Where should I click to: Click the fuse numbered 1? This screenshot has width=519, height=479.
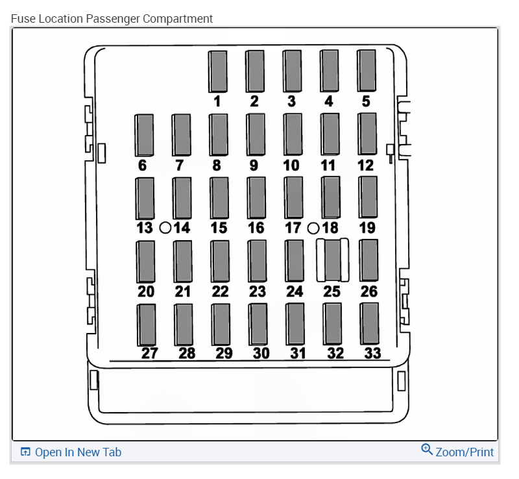click(217, 71)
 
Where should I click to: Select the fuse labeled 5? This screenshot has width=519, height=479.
click(367, 71)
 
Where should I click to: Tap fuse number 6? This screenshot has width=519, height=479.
click(143, 135)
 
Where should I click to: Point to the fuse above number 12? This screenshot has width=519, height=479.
click(367, 134)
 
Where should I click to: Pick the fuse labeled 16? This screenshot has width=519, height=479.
click(257, 197)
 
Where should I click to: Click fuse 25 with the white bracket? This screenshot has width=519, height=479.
click(332, 260)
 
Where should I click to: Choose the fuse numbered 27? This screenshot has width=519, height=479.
click(147, 324)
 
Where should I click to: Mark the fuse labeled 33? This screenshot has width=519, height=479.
click(370, 323)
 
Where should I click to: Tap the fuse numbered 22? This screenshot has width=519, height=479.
click(220, 261)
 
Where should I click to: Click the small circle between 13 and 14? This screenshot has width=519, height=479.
click(165, 228)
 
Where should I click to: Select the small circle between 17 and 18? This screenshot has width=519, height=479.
click(313, 228)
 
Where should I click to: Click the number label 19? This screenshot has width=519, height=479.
click(367, 228)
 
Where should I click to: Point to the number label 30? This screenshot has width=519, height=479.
click(261, 353)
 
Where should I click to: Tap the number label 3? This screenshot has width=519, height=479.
click(291, 101)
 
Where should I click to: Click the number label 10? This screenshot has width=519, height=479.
click(291, 166)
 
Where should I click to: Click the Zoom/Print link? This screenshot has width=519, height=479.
click(465, 452)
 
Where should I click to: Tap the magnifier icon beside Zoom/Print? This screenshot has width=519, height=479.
click(427, 449)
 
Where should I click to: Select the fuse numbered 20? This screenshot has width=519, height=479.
click(145, 261)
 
